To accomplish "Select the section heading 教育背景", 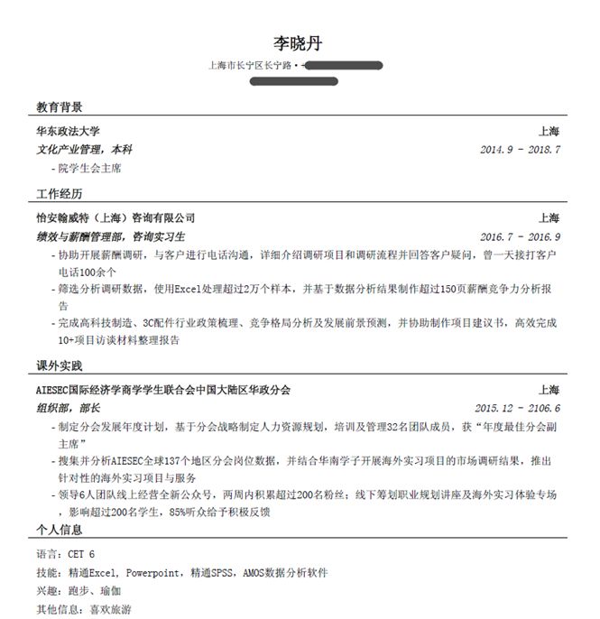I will (60, 107).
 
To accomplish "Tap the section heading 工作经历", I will (60, 194).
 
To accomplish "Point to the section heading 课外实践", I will (60, 366).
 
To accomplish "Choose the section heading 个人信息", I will (60, 530).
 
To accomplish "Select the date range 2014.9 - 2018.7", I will (520, 149).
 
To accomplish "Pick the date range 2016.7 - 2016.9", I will (520, 236).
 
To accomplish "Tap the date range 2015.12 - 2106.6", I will (517, 408).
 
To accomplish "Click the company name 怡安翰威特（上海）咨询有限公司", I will (115, 218).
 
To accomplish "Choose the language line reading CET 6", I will (65, 554).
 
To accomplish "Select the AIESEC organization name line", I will (163, 390).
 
